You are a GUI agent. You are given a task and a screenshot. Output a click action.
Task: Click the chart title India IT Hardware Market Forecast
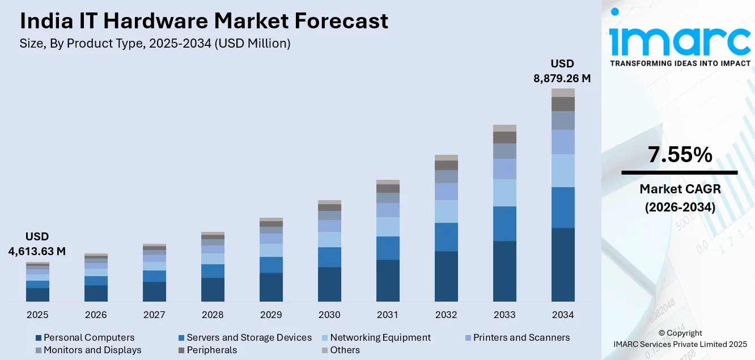[x=204, y=22]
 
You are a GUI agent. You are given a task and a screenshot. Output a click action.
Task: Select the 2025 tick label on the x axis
[x=37, y=315]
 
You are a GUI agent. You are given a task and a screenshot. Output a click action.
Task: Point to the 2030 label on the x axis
[x=329, y=315]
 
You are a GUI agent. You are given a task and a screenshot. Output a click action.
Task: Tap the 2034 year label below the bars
[x=563, y=315]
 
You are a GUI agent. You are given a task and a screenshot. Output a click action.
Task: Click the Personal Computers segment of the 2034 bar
[x=563, y=264]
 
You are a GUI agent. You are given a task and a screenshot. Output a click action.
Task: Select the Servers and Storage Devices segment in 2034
[x=563, y=207]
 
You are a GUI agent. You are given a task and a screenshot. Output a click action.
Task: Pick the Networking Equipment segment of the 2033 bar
[x=504, y=193]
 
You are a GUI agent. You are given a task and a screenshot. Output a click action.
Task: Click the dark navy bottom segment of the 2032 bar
[x=446, y=276]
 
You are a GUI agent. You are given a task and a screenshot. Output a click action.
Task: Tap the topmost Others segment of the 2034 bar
[x=563, y=92]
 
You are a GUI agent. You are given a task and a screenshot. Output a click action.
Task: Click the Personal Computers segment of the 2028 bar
[x=213, y=289]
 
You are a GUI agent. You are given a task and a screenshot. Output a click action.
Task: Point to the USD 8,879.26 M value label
[x=562, y=71]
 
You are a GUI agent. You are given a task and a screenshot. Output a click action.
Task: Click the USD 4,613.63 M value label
[x=37, y=244]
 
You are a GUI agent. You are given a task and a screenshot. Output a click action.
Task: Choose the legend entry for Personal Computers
[x=84, y=337]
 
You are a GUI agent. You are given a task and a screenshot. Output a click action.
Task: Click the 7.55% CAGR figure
[x=679, y=155]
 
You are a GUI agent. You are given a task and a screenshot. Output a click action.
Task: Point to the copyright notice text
[x=680, y=338]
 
